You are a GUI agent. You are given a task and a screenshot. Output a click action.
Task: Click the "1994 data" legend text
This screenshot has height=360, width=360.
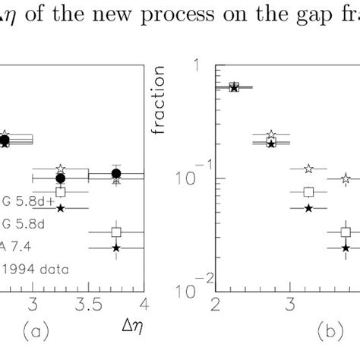point(28,267)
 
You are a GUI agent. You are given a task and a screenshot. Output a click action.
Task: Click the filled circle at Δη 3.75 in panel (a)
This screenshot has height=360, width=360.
point(115,174)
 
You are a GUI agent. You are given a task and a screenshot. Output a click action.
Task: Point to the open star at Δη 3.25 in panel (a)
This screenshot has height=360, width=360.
point(61,169)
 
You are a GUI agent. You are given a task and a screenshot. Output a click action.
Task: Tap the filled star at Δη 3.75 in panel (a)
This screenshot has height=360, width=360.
point(115,248)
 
